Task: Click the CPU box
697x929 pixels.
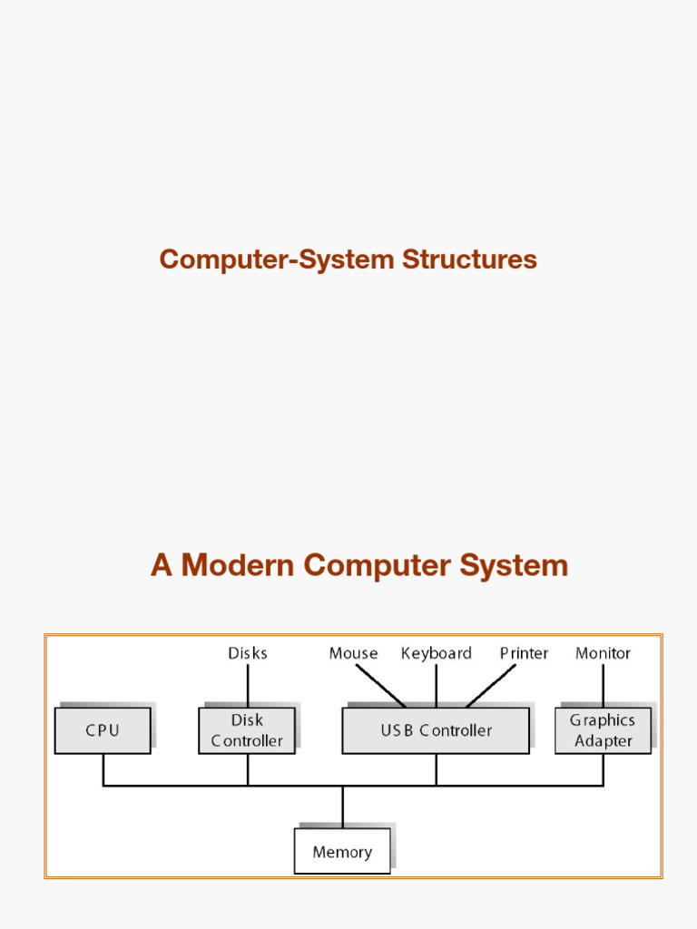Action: (x=103, y=730)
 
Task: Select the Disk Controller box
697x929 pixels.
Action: (x=247, y=730)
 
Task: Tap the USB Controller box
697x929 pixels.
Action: (x=436, y=730)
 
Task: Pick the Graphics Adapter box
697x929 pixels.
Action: (x=603, y=730)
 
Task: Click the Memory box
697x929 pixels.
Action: (x=342, y=851)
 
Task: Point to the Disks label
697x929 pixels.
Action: (x=248, y=653)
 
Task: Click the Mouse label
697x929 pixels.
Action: (x=353, y=653)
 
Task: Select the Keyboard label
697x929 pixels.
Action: (x=437, y=653)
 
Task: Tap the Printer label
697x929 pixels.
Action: (x=524, y=653)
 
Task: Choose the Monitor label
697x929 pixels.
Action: (x=603, y=653)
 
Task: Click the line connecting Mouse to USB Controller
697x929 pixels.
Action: (x=380, y=686)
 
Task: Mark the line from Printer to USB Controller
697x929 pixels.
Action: (x=491, y=686)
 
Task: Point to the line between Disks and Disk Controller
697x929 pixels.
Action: (x=248, y=685)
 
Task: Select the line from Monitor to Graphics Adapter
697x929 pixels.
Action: (x=603, y=685)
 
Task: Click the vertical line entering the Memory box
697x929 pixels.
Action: (x=342, y=807)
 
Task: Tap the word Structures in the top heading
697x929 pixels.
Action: (x=469, y=259)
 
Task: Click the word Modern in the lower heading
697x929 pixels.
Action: (x=238, y=565)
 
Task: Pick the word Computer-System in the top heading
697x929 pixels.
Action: (x=277, y=259)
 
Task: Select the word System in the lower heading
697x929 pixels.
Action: (x=514, y=565)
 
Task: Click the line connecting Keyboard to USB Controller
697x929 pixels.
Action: (x=437, y=686)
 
